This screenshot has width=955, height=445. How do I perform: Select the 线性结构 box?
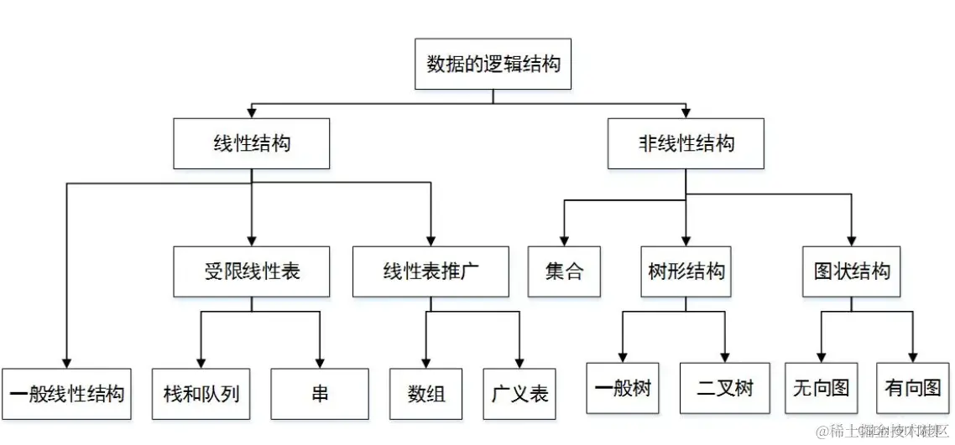[252, 143]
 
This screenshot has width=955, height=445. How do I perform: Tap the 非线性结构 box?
[686, 143]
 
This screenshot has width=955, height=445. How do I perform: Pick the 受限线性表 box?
[252, 272]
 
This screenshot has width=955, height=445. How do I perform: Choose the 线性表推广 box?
[431, 272]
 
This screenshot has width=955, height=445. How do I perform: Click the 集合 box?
[564, 272]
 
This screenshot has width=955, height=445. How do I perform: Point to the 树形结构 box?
[686, 272]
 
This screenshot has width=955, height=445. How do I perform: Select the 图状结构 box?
[851, 272]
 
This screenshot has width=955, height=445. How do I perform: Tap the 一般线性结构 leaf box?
[66, 393]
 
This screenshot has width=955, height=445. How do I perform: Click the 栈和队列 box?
[201, 393]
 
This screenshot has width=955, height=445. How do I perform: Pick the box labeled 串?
[320, 393]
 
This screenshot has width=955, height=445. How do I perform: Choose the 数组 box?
[426, 393]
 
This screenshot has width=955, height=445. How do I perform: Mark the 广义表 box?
[520, 393]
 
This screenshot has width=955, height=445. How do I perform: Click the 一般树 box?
[623, 388]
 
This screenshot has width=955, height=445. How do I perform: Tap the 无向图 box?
[821, 388]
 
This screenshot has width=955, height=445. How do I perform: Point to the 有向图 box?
[913, 388]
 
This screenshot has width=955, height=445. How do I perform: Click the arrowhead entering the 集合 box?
[564, 240]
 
